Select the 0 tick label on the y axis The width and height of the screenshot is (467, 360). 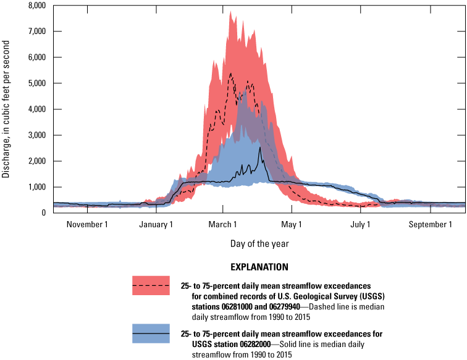point(43,213)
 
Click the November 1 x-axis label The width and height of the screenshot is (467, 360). point(87,225)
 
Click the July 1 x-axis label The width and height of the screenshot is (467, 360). point(361,225)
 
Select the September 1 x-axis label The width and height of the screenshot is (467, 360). point(430,225)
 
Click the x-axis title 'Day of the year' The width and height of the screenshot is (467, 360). point(259,244)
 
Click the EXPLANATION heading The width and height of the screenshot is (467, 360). point(259,267)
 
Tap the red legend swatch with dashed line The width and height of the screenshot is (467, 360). point(151,286)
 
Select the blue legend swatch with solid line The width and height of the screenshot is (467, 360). point(151,333)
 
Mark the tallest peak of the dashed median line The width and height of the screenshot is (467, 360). point(230,73)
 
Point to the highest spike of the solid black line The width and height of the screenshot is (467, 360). point(260,148)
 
